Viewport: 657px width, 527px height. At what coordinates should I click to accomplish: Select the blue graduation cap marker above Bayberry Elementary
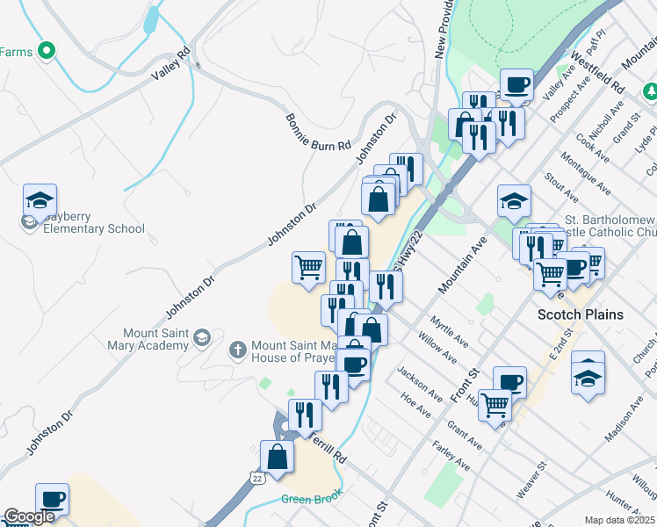pyautogui.click(x=40, y=201)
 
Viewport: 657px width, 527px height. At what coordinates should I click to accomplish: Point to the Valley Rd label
pyautogui.click(x=170, y=63)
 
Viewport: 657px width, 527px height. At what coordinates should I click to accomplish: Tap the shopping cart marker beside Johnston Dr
pyautogui.click(x=308, y=266)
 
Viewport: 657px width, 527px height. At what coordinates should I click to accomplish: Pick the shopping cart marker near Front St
pyautogui.click(x=495, y=405)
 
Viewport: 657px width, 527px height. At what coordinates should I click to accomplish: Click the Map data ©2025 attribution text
pyautogui.click(x=618, y=520)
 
